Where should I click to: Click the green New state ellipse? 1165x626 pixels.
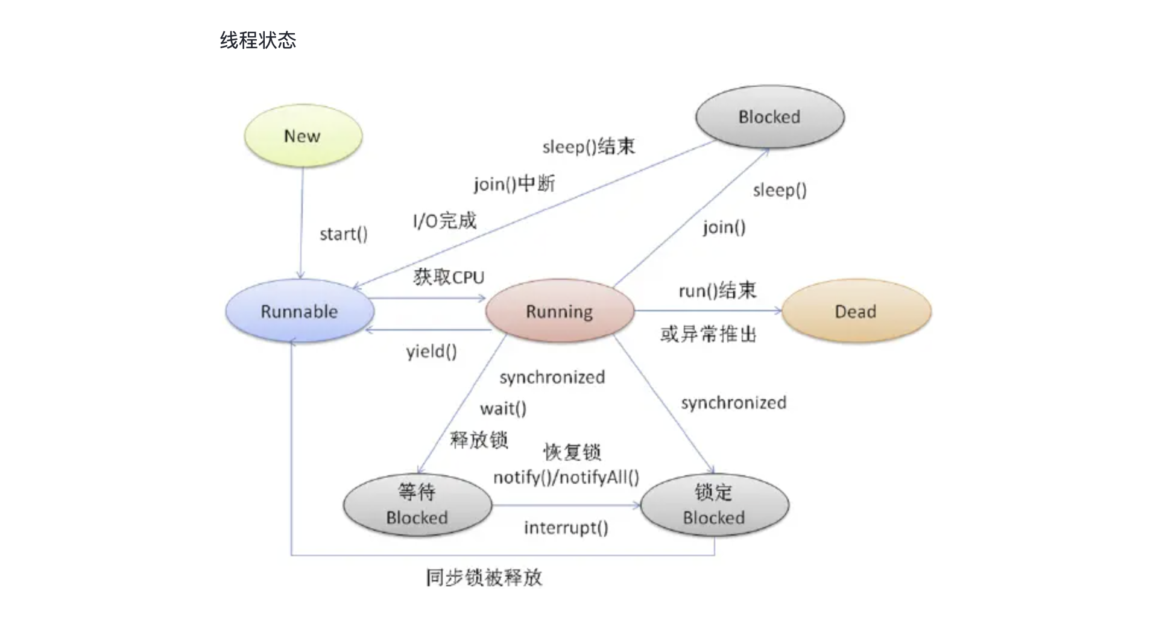(x=303, y=136)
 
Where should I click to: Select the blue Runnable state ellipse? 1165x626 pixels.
(x=300, y=311)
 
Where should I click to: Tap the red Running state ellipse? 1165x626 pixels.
(x=560, y=311)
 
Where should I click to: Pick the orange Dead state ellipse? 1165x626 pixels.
(x=856, y=311)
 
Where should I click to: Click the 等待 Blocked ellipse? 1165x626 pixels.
(x=417, y=505)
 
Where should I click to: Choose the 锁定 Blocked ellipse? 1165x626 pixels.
(x=714, y=505)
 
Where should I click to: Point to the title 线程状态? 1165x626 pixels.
(x=258, y=40)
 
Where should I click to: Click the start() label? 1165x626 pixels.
(x=343, y=234)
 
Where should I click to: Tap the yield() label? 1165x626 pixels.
(x=431, y=351)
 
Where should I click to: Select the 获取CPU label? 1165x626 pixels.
(x=449, y=277)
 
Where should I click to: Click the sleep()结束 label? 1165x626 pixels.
(x=589, y=147)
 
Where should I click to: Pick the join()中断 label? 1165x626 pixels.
(x=514, y=183)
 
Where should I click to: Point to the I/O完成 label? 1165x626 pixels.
(x=444, y=221)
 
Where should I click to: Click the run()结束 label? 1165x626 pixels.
(x=717, y=291)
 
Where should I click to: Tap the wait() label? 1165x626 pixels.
(x=503, y=409)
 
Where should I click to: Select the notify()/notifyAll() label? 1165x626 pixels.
(x=566, y=478)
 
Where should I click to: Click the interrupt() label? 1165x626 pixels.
(x=566, y=528)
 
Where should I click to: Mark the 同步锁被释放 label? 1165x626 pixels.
(x=484, y=578)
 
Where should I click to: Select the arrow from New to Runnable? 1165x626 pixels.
(x=302, y=223)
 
